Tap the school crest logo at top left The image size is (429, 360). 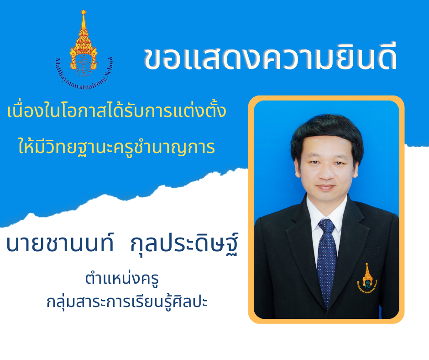pyautogui.click(x=84, y=51)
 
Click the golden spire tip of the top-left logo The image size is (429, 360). pyautogui.click(x=84, y=12)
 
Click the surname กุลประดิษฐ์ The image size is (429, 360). pyautogui.click(x=184, y=244)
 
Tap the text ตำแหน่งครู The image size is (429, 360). pyautogui.click(x=122, y=278)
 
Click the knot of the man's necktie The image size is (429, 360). pyautogui.click(x=326, y=226)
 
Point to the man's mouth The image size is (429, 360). pyautogui.click(x=325, y=188)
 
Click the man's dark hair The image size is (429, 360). pyautogui.click(x=327, y=130)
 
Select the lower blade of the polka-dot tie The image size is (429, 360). pyautogui.click(x=327, y=269)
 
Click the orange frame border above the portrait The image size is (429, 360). pyautogui.click(x=326, y=98)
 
